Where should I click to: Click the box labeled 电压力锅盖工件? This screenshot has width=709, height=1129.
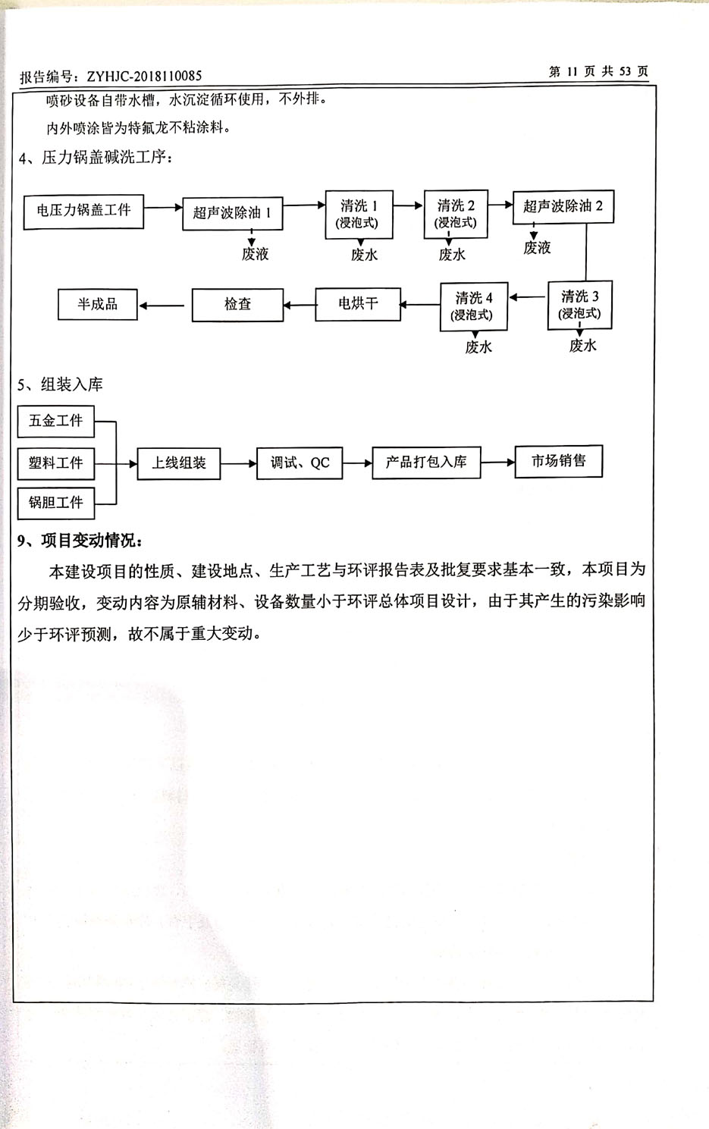point(83,211)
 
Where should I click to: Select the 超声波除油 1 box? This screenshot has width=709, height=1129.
point(232,213)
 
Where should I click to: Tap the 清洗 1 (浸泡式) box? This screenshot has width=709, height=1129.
point(359,214)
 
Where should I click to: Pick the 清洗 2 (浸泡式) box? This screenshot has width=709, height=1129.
point(456,214)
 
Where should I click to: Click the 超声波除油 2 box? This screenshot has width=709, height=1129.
point(563,206)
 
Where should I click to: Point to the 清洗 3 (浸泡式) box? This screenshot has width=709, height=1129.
point(580,305)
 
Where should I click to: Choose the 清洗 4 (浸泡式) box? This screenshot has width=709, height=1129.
point(474,306)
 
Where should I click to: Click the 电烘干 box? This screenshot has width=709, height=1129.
point(358,304)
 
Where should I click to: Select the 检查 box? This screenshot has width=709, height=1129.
point(237,305)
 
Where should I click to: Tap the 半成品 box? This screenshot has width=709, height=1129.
point(98,305)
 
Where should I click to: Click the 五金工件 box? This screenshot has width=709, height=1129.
point(56,421)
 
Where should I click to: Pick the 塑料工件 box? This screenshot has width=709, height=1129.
point(56,463)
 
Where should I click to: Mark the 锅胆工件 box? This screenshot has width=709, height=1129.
point(56,503)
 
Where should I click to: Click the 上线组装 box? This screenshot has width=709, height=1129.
point(179,463)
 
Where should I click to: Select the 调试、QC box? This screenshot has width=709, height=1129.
point(300,463)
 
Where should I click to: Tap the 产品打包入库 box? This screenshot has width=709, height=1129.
point(426,462)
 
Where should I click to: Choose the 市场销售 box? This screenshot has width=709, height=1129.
point(558,461)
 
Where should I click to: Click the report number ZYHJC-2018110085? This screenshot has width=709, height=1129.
point(144,76)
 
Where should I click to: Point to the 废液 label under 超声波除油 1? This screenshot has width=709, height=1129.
point(255,254)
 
